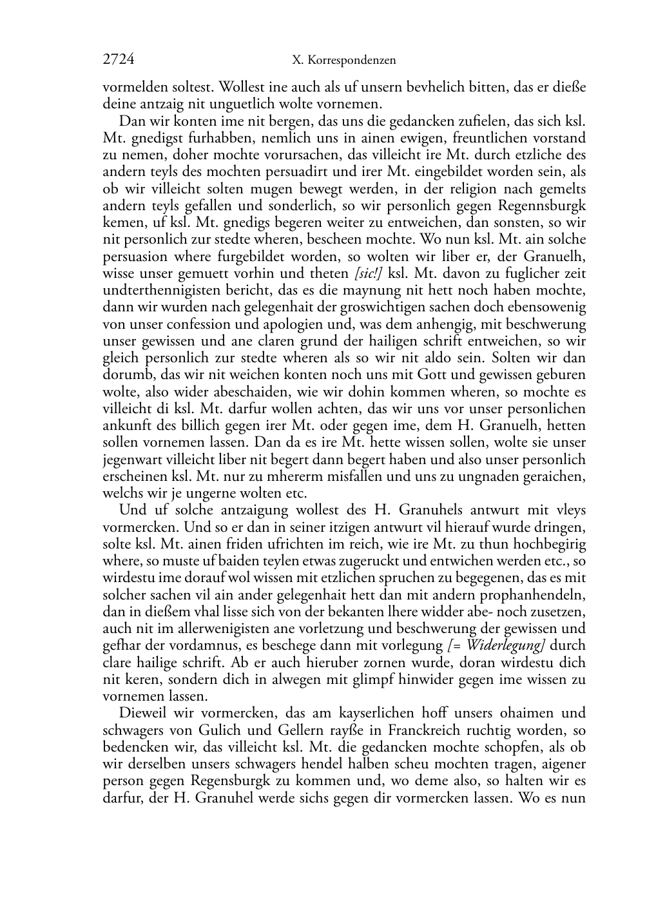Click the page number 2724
tap(119, 60)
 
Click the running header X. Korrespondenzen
tap(343, 61)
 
